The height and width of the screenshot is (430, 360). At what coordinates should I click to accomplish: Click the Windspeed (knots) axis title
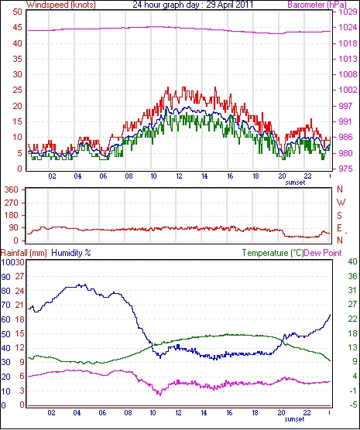coord(61,5)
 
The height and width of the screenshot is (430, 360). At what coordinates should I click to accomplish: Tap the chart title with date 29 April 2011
coord(193,5)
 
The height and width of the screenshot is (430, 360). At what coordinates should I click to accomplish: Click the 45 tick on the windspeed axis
coord(17,27)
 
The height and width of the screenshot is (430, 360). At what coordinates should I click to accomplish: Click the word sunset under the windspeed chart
coord(295,183)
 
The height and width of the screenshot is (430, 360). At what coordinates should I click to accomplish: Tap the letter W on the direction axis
coord(341,203)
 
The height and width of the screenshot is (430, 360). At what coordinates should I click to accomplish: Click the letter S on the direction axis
coord(340,216)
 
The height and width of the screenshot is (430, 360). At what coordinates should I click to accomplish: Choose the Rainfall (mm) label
coord(24,253)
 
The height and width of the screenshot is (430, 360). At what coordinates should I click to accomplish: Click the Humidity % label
coord(71,253)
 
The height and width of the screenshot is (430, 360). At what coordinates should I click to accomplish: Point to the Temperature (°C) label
coord(273,253)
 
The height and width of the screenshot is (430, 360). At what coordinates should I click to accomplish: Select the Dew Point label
coord(323,253)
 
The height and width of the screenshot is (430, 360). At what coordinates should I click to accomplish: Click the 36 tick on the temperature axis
coord(352,276)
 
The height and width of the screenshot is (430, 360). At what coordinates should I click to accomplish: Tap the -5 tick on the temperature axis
coord(352,404)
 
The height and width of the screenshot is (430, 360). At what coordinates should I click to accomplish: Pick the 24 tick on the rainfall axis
coord(19,291)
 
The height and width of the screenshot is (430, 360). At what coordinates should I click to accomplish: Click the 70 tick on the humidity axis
coord(5,305)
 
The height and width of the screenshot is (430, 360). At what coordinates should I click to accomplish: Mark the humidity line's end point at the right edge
coord(330,315)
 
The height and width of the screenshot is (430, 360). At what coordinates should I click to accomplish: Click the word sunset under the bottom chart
coord(295,419)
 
